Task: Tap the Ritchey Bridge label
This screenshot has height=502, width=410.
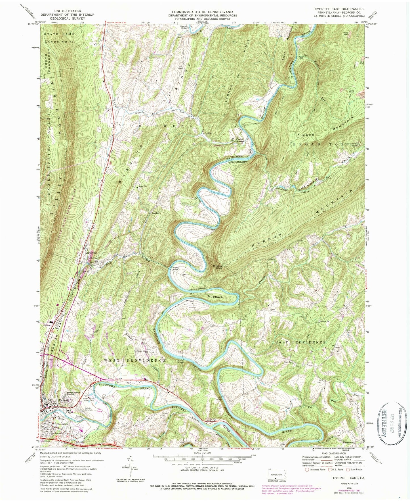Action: (176, 268)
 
